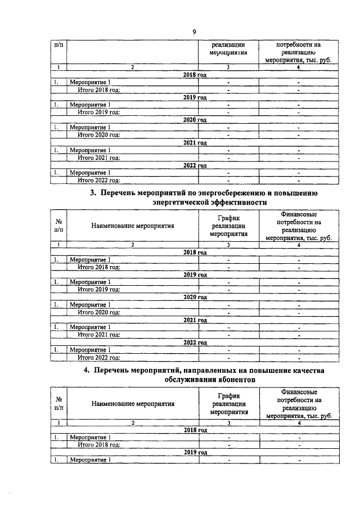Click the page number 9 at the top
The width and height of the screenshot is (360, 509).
pyautogui.click(x=194, y=32)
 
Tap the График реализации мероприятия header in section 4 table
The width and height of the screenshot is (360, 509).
pyautogui.click(x=228, y=403)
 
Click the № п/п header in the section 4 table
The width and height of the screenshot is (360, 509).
pyautogui.click(x=58, y=403)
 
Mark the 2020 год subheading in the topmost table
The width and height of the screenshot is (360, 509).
pyautogui.click(x=195, y=120)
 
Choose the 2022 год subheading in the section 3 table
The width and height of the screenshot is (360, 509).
pyautogui.click(x=195, y=342)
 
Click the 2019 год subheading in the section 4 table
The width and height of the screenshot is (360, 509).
pyautogui.click(x=195, y=452)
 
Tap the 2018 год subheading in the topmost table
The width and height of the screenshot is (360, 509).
pyautogui.click(x=195, y=75)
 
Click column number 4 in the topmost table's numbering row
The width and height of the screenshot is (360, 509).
pyautogui.click(x=299, y=67)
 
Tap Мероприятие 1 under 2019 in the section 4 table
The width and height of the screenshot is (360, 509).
pyautogui.click(x=89, y=460)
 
